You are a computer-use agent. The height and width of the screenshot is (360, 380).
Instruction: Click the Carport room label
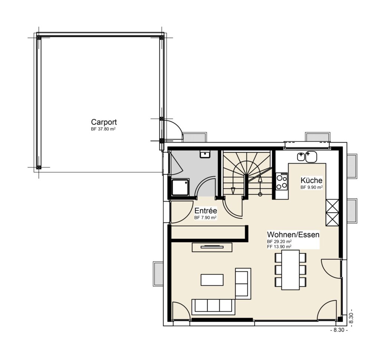pyautogui.click(x=104, y=122)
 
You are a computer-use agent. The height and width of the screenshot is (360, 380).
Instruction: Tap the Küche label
pyautogui.click(x=311, y=180)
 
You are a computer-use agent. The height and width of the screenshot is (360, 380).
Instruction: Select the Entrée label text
pyautogui.click(x=206, y=210)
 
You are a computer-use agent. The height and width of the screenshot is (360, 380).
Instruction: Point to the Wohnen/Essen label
pyautogui.click(x=293, y=235)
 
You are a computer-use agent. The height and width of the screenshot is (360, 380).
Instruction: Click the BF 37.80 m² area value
pyautogui.click(x=103, y=129)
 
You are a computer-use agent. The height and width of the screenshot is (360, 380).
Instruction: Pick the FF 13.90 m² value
pyautogui.click(x=279, y=246)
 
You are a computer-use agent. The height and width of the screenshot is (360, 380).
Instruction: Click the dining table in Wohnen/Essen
pyautogui.click(x=290, y=270)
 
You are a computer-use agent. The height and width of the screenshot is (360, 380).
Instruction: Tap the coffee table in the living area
pyautogui.click(x=212, y=280)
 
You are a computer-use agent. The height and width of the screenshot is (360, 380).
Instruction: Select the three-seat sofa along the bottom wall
pyautogui.click(x=213, y=307)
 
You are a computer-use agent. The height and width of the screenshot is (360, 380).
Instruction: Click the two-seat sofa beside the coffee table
pyautogui.click(x=243, y=284)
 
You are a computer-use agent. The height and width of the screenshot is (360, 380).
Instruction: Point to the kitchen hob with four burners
pyautogui.click(x=282, y=182)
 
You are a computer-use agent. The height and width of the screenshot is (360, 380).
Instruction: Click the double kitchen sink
pyautogui.click(x=307, y=157)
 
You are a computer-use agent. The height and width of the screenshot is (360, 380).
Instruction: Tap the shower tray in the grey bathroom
pyautogui.click(x=180, y=187)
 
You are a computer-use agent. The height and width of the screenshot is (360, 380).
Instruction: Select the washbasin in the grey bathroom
pyautogui.click(x=205, y=154)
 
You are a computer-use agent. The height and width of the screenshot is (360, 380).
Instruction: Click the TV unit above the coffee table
pyautogui.click(x=212, y=247)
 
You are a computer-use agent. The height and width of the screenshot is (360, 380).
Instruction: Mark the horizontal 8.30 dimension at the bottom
pyautogui.click(x=339, y=330)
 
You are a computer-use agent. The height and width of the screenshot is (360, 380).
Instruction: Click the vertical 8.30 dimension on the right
pyautogui.click(x=350, y=318)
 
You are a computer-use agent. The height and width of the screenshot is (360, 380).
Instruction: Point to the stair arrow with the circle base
pyautogui.click(x=260, y=186)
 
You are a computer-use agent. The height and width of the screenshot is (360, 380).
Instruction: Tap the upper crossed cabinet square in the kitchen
pyautogui.click(x=332, y=206)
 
